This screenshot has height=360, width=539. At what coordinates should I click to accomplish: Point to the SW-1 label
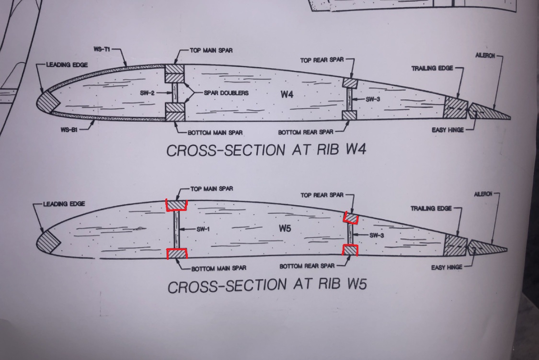pos(203,229)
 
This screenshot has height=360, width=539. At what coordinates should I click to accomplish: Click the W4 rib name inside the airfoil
pos(287,94)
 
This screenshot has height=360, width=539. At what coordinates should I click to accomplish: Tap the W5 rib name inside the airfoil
pos(285,229)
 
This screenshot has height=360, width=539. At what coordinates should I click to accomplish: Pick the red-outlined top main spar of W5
pos(176,205)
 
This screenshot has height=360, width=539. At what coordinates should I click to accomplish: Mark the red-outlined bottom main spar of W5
pos(176,254)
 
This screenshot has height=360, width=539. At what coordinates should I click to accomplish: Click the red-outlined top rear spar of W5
pos(351,219)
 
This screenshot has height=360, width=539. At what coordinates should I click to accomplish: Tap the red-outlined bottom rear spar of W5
pos(350,251)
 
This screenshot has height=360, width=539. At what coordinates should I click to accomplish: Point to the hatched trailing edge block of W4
pos(456,108)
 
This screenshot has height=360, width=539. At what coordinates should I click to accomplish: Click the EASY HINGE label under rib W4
pos(447,130)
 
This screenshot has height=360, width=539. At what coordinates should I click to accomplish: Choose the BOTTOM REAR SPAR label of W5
pos(307,266)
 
